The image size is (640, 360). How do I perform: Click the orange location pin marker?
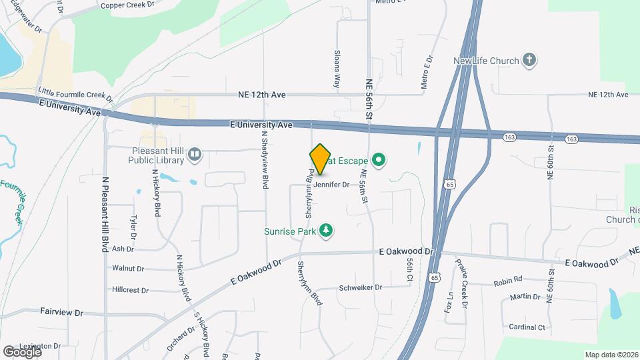(321, 159)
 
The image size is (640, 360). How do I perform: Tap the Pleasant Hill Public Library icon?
(195, 155)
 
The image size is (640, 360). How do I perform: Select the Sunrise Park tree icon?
(326, 231)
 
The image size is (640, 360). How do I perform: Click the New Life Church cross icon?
(529, 61)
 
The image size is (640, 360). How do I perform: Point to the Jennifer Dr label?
(331, 184)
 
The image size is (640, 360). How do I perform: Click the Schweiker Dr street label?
(360, 287)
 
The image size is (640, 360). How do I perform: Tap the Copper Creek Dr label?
(127, 5)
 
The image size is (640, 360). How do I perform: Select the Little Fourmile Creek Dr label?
(75, 95)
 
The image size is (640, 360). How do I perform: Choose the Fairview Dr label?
(61, 312)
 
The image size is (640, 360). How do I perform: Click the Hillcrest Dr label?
(130, 290)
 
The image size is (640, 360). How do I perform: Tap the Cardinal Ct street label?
(527, 327)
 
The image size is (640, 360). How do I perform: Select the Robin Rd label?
(508, 281)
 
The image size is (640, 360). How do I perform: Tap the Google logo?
(22, 351)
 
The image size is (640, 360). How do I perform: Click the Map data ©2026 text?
(611, 354)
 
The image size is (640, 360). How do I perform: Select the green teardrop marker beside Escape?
(379, 159)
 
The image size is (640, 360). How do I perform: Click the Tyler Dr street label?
(133, 227)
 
